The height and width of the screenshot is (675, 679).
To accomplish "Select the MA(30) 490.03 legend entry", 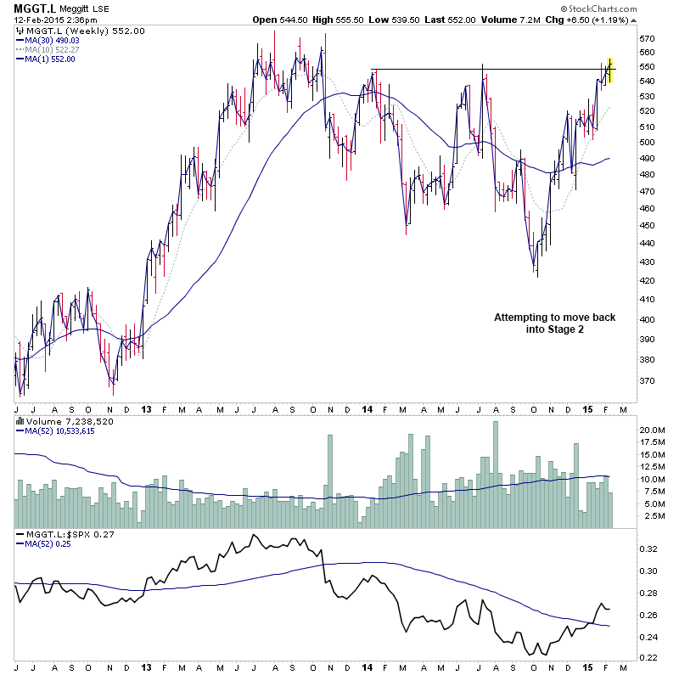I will (x=52, y=40).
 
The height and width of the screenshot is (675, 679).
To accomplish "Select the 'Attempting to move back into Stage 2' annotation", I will (x=555, y=323).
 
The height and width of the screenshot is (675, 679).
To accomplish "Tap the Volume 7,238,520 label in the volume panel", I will (x=59, y=419).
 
